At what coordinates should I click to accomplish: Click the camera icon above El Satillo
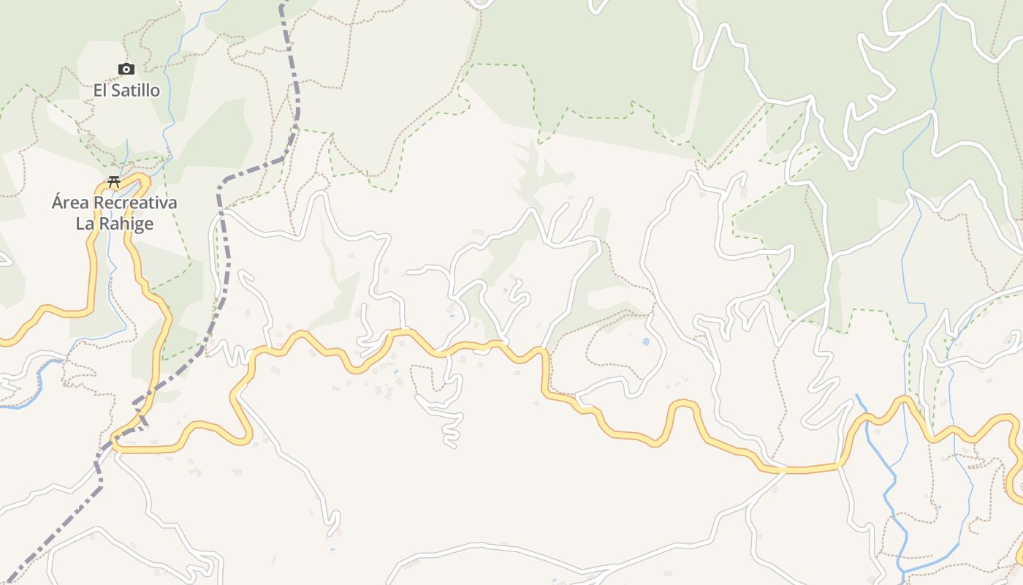[126, 69]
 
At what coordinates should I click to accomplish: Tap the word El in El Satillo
[101, 91]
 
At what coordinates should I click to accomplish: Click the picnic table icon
[114, 182]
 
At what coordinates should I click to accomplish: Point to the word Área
[70, 203]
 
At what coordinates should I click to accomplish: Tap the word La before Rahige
[85, 224]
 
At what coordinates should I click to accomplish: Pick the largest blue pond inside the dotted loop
[645, 341]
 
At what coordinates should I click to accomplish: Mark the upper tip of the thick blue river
[857, 396]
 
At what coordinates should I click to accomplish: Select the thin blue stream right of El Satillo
[170, 88]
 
